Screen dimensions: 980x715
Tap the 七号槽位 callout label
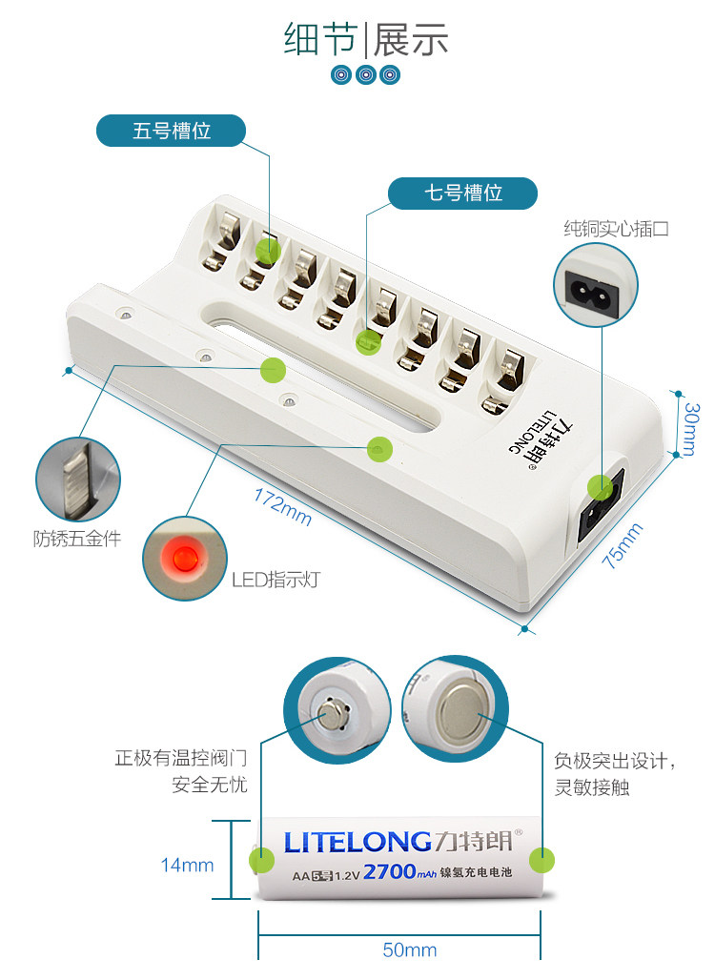463,193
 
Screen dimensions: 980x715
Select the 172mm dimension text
282,506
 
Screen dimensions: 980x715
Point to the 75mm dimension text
624,546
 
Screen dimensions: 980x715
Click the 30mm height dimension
693,428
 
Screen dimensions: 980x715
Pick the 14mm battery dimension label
187,865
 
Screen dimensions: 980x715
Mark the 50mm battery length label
409,949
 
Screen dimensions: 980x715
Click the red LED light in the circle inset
180,557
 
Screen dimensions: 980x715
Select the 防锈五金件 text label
77,539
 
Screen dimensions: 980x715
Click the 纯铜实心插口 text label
617,229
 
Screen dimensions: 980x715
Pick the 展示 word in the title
411,41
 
